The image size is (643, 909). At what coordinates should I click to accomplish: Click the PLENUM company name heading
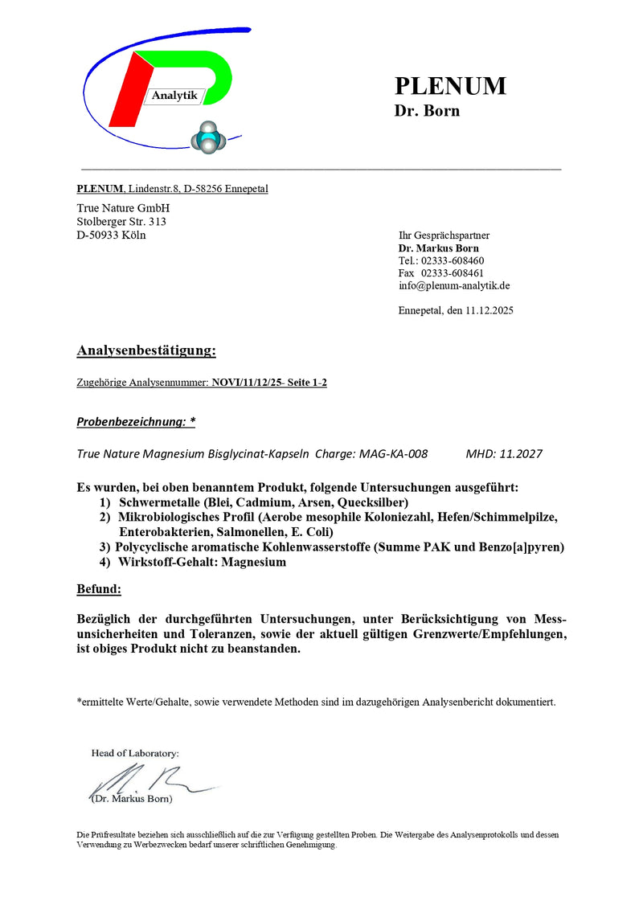(x=449, y=86)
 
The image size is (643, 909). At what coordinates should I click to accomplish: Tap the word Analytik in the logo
(x=174, y=96)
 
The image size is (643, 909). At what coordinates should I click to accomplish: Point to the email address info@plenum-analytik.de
(x=454, y=285)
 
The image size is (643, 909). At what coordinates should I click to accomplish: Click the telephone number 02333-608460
(x=453, y=260)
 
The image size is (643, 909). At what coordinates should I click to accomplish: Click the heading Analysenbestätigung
(x=146, y=350)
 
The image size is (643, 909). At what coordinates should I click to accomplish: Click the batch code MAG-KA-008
(x=394, y=453)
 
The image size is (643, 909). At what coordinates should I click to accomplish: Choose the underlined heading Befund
(x=99, y=590)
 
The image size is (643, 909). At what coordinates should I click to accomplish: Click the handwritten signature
(x=137, y=780)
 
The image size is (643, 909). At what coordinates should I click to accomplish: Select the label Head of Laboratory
(x=135, y=753)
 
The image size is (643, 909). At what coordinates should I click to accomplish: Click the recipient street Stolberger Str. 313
(x=121, y=221)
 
